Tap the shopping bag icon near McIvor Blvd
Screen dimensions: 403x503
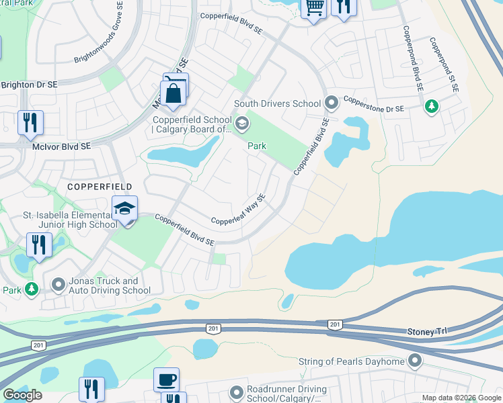173,93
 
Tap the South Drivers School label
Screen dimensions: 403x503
277,103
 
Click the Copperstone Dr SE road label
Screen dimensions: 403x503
373,107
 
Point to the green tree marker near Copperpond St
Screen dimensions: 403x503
431,105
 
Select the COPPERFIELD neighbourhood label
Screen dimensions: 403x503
99,185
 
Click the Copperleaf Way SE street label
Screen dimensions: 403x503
239,210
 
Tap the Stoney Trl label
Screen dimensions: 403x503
426,332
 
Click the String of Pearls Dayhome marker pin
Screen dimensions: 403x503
415,361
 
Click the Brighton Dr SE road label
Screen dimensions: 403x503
29,85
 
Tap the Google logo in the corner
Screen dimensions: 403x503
23,395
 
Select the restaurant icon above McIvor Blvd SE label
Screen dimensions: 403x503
30,124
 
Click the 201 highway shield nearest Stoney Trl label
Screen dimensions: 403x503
334,324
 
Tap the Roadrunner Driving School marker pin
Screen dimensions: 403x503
236,392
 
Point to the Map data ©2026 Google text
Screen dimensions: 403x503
461,398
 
